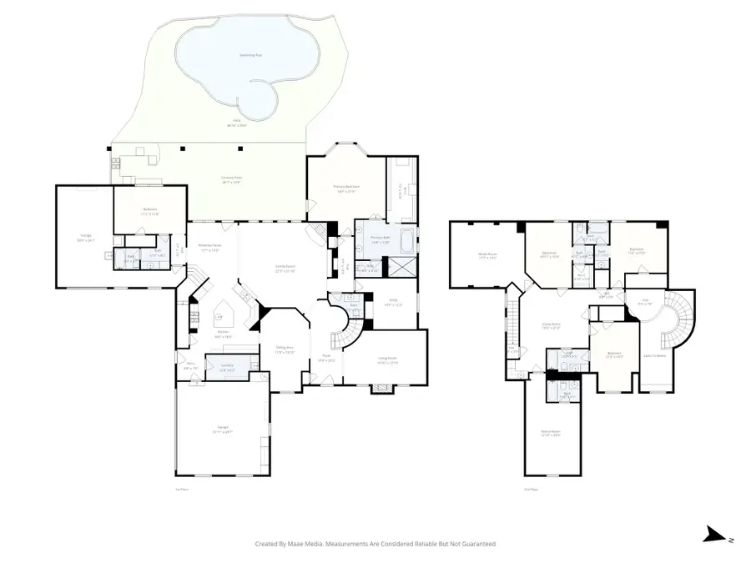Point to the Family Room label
coord(286,267)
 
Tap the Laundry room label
coord(225,368)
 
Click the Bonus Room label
coord(551,432)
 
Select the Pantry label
coord(190,365)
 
